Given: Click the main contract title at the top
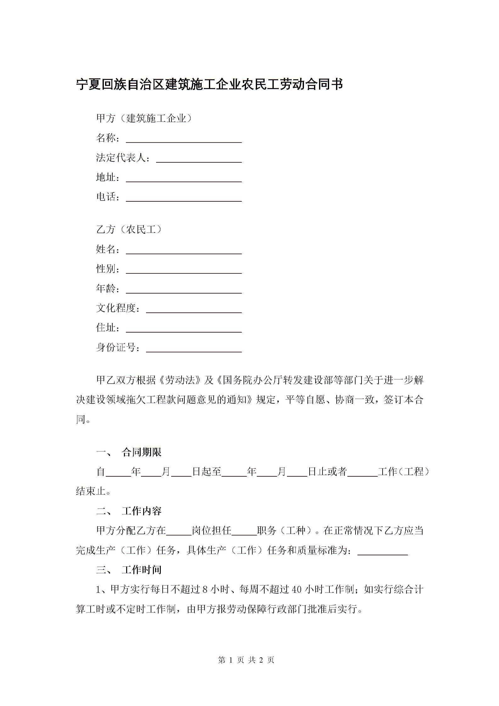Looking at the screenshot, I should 209,84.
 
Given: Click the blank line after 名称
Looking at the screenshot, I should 184,139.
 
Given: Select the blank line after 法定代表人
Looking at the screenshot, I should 199,159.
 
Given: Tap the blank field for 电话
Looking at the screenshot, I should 184,198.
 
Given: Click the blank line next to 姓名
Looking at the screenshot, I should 184,250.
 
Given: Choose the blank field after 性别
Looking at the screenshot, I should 184,270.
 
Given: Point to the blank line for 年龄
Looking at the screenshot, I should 184,289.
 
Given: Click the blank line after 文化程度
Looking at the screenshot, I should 194,309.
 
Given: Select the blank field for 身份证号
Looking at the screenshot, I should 194,348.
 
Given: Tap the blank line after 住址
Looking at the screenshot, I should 184,328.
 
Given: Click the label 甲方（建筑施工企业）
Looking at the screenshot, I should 144,119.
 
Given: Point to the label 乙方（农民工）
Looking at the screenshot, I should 129,230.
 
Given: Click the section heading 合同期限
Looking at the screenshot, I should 142,452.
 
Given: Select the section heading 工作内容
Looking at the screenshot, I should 142,511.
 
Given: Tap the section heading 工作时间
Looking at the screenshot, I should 142,570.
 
